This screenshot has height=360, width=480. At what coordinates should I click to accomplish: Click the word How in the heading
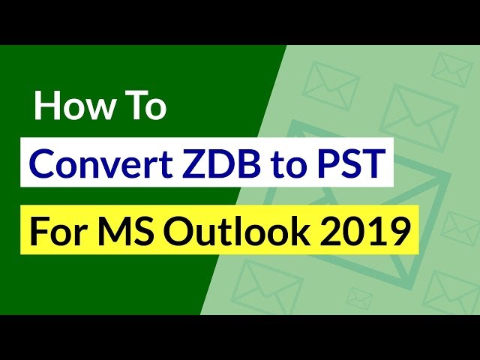click(75, 105)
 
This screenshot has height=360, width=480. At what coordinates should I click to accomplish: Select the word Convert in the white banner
click(101, 163)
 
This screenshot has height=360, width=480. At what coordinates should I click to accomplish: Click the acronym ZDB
click(222, 163)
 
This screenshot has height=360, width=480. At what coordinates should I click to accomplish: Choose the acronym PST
click(349, 163)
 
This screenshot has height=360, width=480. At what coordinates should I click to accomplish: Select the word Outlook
click(237, 230)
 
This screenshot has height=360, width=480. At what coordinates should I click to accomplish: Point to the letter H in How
click(47, 105)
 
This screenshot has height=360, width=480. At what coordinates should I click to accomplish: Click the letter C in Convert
click(41, 163)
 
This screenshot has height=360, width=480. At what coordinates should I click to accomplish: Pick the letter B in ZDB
click(249, 163)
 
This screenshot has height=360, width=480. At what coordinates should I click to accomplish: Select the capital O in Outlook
click(177, 231)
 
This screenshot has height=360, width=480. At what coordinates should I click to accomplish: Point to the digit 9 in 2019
click(400, 231)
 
